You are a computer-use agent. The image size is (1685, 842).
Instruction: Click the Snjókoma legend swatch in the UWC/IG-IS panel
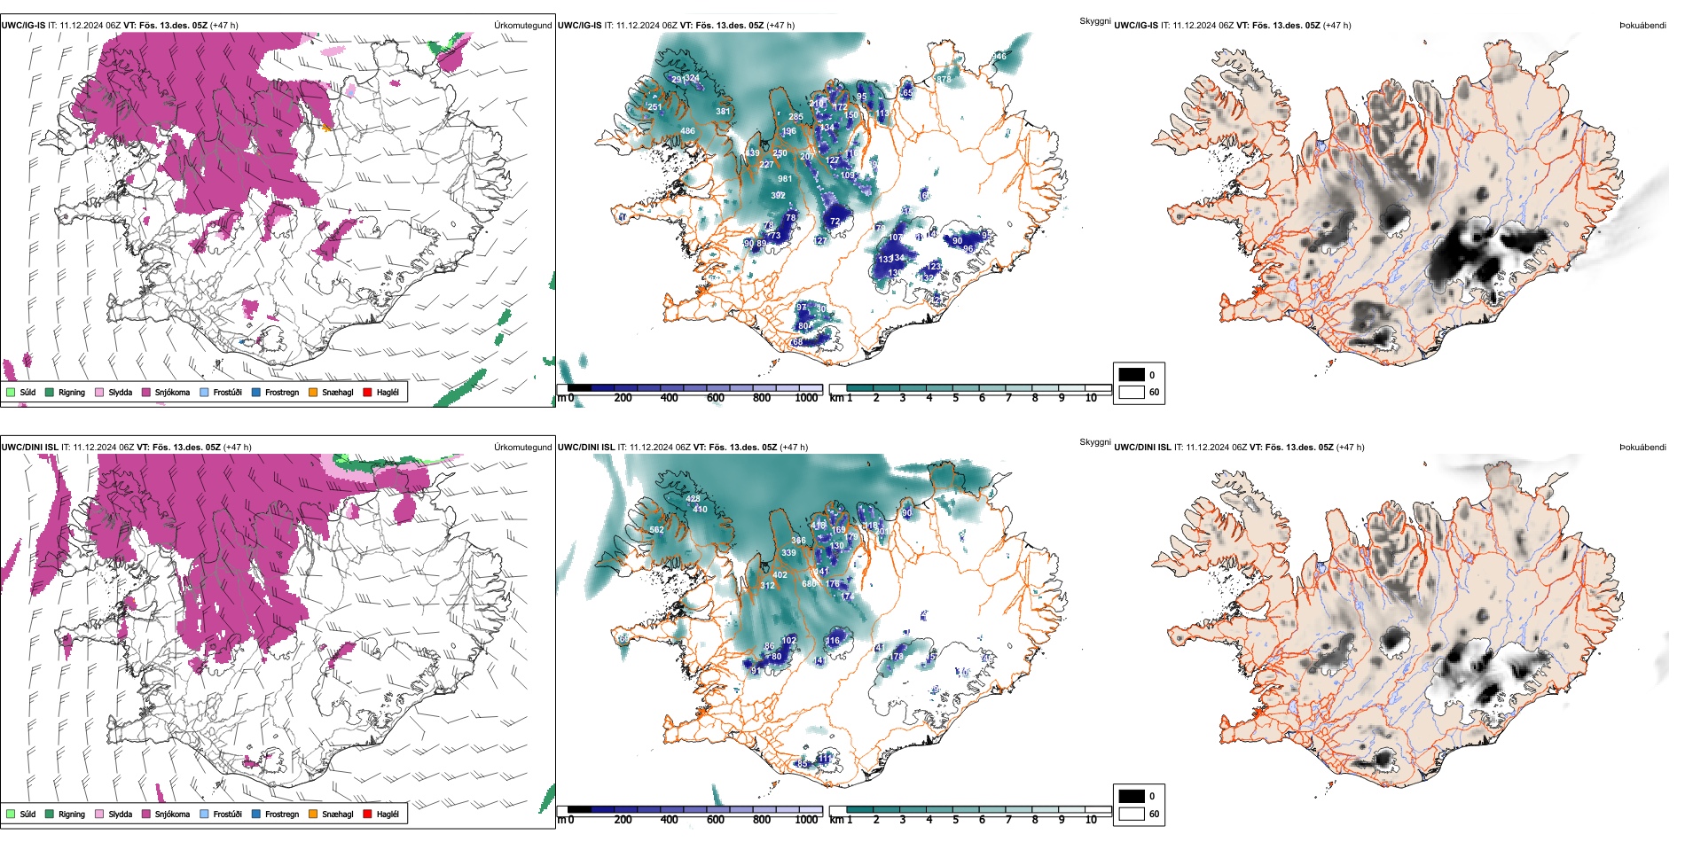(x=146, y=392)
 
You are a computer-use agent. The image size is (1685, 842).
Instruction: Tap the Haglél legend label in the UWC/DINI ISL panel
(x=388, y=814)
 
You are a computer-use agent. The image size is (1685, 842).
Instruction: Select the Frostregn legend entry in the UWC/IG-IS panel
(x=282, y=392)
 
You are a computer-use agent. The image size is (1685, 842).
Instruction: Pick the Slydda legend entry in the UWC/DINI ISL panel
(x=120, y=814)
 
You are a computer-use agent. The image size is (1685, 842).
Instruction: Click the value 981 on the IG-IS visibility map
(x=785, y=179)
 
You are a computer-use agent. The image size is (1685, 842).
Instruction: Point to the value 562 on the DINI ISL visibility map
(x=656, y=530)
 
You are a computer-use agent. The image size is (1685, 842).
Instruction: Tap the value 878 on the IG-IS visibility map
(x=944, y=80)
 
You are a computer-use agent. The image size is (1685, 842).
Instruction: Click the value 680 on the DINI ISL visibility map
(x=809, y=584)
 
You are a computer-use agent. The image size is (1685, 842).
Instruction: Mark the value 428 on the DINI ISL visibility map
(x=693, y=499)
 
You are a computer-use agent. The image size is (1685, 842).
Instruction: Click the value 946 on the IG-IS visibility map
(x=999, y=56)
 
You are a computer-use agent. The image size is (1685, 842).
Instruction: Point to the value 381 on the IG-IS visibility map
(x=723, y=112)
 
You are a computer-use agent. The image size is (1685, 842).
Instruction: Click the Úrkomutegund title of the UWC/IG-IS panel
(x=522, y=26)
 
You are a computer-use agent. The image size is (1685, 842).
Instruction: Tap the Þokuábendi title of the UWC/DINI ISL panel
(x=1642, y=448)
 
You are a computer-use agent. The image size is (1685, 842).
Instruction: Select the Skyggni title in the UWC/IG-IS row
(x=1094, y=20)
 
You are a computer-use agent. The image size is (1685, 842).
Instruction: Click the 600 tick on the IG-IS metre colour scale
(x=715, y=398)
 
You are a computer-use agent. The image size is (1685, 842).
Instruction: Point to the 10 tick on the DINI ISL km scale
(x=1091, y=820)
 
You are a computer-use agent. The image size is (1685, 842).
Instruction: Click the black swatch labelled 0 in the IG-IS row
(x=1132, y=375)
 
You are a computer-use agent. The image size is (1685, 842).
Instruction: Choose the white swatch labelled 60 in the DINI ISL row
(x=1132, y=814)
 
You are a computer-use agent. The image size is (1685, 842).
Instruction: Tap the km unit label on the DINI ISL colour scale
(x=836, y=820)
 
